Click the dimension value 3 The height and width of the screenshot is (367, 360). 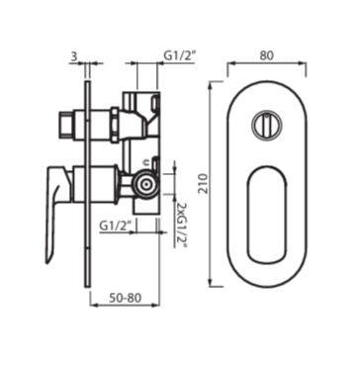pyautogui.click(x=74, y=57)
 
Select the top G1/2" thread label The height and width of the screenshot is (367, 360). pyautogui.click(x=180, y=56)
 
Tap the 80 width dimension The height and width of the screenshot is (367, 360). pyautogui.click(x=266, y=55)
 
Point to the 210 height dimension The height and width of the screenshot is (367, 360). pyautogui.click(x=204, y=184)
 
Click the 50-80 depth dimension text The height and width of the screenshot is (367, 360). pyautogui.click(x=125, y=298)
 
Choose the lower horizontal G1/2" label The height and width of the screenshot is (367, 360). pyautogui.click(x=116, y=226)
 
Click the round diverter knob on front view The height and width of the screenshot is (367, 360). pyautogui.click(x=267, y=125)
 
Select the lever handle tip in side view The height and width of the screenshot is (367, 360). pyautogui.click(x=48, y=260)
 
